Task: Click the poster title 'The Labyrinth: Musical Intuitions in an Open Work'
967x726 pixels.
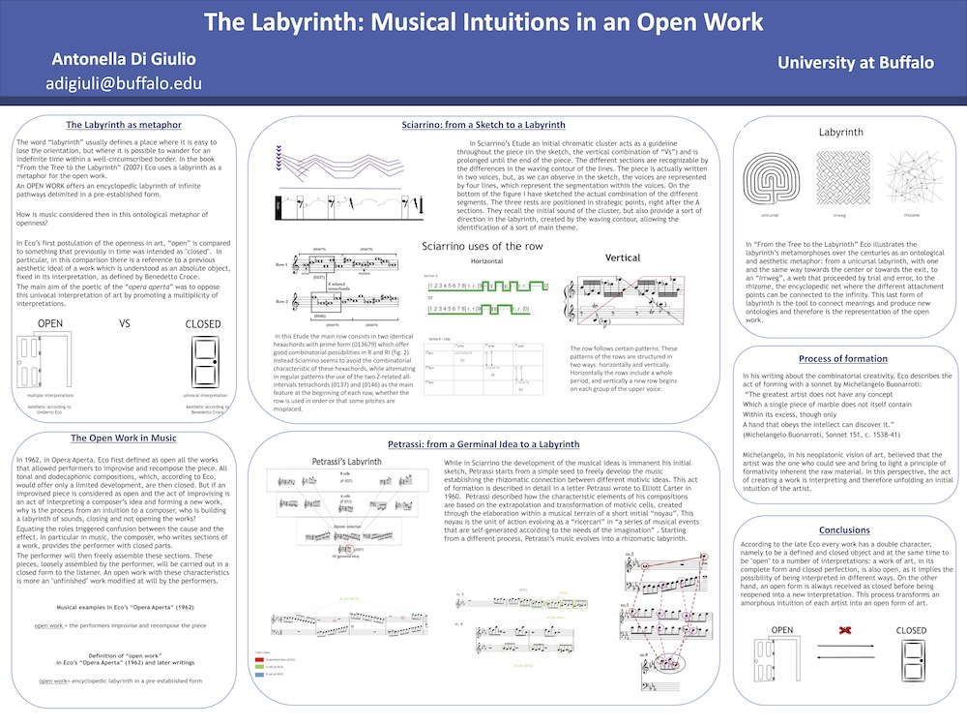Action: coord(483,21)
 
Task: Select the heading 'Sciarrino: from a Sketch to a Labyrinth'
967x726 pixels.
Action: coord(483,126)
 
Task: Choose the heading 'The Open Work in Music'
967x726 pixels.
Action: coord(123,439)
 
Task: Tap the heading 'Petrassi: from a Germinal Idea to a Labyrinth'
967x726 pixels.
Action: coord(483,444)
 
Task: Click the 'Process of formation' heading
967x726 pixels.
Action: coord(845,358)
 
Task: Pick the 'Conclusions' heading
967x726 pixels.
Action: coord(844,530)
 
